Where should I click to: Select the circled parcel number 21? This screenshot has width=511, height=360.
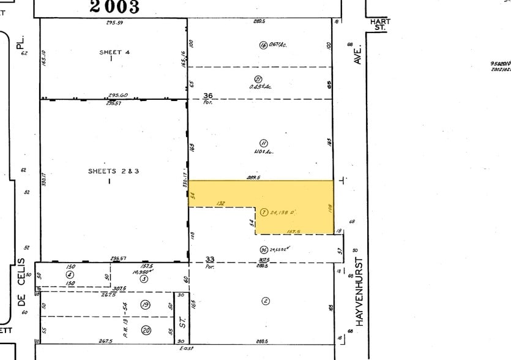point(258,79)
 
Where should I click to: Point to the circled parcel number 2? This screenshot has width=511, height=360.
point(265,301)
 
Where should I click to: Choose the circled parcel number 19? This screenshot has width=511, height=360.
point(145,304)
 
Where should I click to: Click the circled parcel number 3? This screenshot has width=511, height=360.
point(144,279)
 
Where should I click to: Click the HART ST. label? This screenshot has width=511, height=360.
point(380,24)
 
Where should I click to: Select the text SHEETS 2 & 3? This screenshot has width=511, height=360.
point(114,171)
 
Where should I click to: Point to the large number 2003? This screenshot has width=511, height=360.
point(114,7)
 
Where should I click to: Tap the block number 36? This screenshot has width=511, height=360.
point(208,95)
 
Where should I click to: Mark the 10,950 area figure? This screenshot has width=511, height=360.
point(141,271)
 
